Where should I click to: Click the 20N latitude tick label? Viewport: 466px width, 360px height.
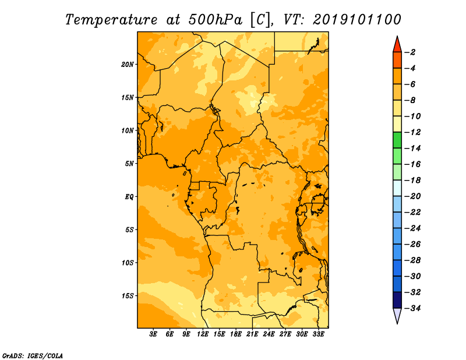pos(128,65)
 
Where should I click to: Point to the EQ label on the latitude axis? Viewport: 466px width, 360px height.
pos(129,197)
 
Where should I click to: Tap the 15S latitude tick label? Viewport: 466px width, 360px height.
pos(128,296)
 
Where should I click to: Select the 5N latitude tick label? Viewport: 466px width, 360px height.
pos(129,164)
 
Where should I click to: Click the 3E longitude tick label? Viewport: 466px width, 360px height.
pos(153,334)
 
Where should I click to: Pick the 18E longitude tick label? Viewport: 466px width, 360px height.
pos(236,334)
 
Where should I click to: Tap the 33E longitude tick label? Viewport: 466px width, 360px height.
pos(318,334)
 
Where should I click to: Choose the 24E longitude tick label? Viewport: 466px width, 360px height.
pos(269,334)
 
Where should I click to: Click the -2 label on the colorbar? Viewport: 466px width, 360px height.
pos(411,52)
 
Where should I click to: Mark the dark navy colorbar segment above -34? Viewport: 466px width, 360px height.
pos(397,300)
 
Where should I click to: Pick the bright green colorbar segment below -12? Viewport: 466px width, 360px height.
pos(397,140)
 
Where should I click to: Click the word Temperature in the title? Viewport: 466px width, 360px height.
pos(111,20)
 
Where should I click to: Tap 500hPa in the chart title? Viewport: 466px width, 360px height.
pos(215,20)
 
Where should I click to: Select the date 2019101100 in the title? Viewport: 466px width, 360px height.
pos(357,20)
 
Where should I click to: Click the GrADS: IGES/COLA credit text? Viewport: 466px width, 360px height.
pos(33,356)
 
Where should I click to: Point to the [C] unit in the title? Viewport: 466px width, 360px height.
pos(260,20)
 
